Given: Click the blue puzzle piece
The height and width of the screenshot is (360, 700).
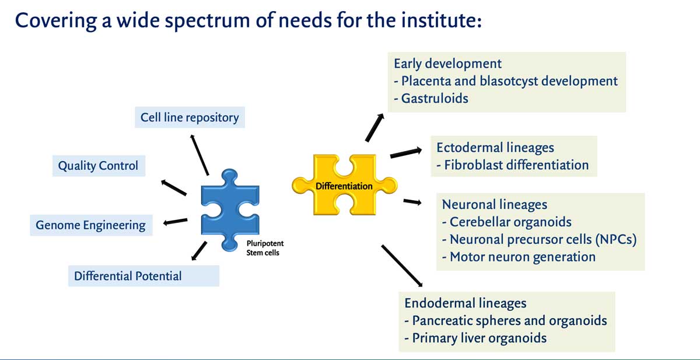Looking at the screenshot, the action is [x=230, y=210].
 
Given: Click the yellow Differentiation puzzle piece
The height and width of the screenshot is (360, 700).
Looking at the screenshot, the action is [x=344, y=185].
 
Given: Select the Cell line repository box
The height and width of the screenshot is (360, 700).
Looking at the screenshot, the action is [x=190, y=117].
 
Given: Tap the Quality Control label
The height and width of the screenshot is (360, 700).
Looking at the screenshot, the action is [x=98, y=166].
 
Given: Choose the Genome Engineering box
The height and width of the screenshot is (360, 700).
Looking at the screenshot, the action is [x=91, y=225].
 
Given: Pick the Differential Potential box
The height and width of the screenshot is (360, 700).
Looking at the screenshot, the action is [x=143, y=276].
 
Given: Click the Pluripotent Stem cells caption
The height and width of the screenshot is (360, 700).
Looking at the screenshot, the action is [x=265, y=248].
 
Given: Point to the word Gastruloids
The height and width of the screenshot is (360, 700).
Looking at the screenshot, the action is [x=435, y=99].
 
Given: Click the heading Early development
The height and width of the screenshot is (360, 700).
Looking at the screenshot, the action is [x=447, y=64].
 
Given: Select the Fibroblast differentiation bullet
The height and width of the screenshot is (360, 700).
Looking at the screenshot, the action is [x=513, y=165].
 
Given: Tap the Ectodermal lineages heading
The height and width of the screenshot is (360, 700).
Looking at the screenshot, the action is [x=495, y=148].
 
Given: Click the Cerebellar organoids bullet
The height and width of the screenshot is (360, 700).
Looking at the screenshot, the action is [x=507, y=222].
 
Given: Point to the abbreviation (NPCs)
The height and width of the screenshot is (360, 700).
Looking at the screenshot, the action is [x=615, y=240].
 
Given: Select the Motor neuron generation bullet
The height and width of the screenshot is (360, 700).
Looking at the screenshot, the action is [x=519, y=257].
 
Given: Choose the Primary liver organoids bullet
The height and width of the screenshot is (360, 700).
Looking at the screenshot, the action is [x=475, y=338].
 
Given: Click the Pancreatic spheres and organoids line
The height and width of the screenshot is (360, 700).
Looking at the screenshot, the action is [x=506, y=321].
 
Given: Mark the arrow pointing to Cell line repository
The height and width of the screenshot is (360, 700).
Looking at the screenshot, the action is [x=199, y=155].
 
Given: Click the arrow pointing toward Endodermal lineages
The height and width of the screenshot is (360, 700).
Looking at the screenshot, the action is [x=402, y=265].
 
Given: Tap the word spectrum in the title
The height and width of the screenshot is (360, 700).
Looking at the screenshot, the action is [x=207, y=21].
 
